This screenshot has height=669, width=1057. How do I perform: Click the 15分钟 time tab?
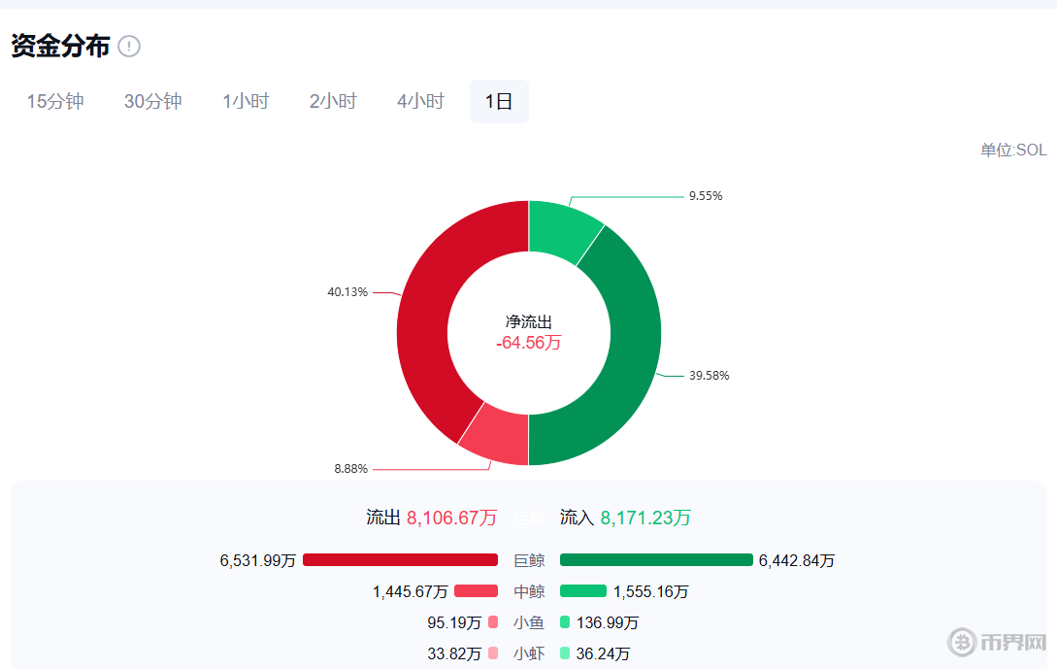coord(55,101)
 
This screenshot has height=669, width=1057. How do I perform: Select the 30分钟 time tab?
coord(152,101)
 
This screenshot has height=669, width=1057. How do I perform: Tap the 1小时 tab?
coord(246,101)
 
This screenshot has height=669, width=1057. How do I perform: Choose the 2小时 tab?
coord(333,101)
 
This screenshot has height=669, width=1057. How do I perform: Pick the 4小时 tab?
coord(420,101)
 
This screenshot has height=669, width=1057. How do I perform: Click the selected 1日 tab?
coord(499,101)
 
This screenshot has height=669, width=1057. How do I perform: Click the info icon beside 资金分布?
coord(129,46)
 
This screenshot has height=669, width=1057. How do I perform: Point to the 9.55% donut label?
coord(706,195)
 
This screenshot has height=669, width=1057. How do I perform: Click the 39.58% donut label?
coord(709,376)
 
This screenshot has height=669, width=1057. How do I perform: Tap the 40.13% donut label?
coord(347,291)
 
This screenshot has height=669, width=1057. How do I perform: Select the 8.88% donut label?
coord(350,469)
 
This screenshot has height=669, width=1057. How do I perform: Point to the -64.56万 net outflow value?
coord(528,343)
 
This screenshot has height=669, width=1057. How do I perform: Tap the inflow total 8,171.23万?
coord(645,518)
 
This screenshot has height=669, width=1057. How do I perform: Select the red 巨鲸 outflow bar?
coord(400,560)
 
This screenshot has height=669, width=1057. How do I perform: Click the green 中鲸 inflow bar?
coord(583,591)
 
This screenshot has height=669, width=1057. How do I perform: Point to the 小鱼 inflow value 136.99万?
coord(608,622)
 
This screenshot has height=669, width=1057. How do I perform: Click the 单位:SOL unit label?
coord(1013,151)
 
